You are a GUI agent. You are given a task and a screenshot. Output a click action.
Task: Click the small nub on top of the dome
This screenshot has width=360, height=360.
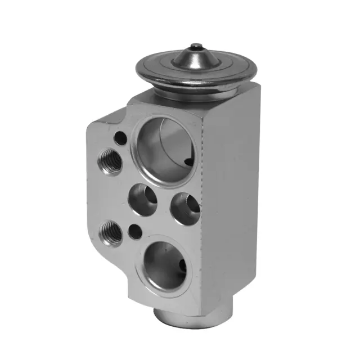tap(195, 47)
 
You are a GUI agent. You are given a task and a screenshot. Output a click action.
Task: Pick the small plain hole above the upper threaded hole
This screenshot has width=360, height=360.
tap(119, 137)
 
